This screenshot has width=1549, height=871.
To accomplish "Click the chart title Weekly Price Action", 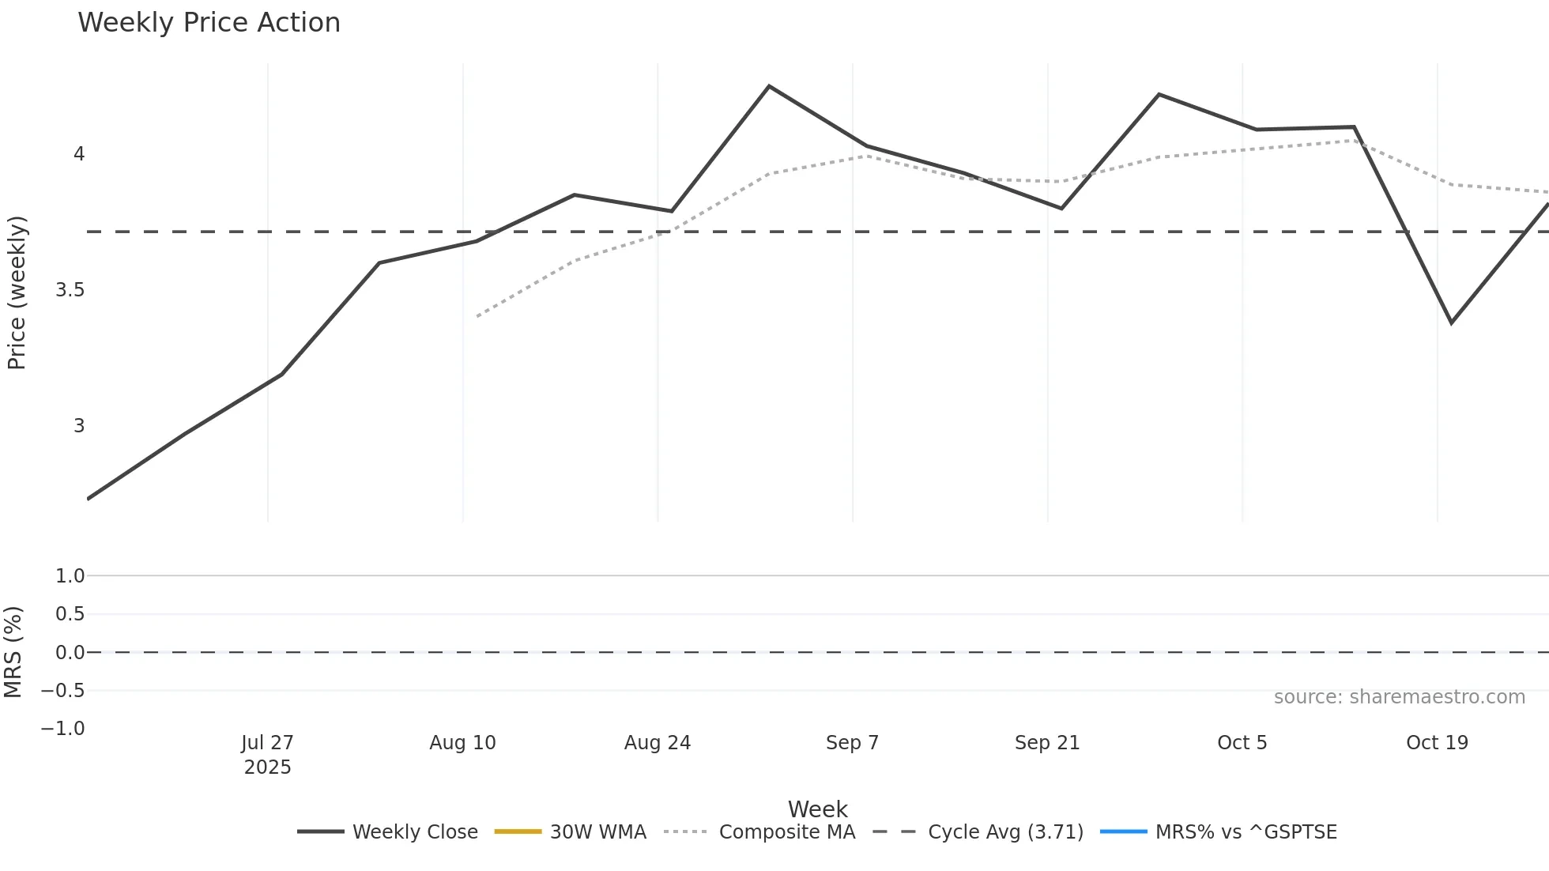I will (x=209, y=23).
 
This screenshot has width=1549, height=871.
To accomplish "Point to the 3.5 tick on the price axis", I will (x=70, y=290).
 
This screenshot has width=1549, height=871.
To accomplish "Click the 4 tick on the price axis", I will (x=79, y=154).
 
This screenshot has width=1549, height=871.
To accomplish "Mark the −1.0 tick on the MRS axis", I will (x=62, y=729).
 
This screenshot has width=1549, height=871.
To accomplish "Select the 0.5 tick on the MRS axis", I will (x=70, y=614).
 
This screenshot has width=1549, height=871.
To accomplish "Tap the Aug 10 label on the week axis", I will (x=462, y=743).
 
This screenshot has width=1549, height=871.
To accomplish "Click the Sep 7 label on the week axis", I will (x=852, y=743).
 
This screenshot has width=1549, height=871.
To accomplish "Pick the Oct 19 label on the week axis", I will (x=1437, y=743).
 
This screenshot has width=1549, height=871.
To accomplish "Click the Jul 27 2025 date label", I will (x=267, y=755).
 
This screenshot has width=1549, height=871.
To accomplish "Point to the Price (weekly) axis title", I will (x=17, y=292).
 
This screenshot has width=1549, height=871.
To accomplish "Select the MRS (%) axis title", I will (x=13, y=652).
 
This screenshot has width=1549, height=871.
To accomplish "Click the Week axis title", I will (x=817, y=809).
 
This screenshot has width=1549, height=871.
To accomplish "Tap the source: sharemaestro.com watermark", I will (x=1399, y=697).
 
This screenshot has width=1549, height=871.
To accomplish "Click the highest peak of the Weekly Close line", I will (x=769, y=86).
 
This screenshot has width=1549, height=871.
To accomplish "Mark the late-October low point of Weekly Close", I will (x=1451, y=322).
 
